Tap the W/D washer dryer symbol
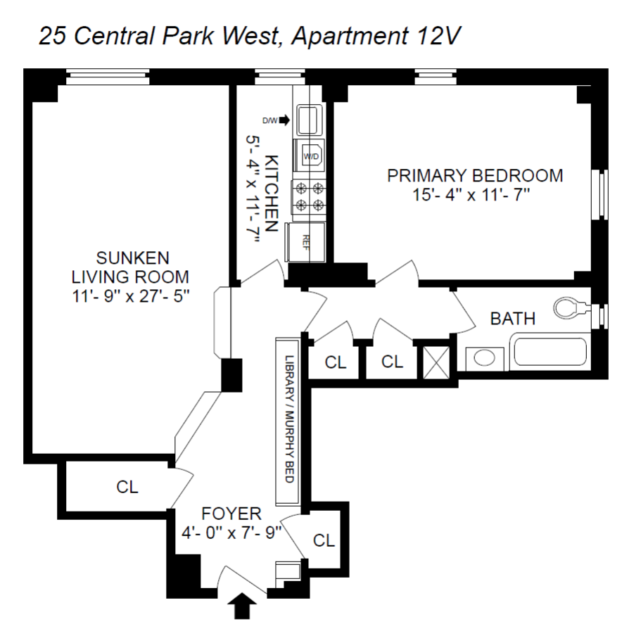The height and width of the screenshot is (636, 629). click(x=310, y=156)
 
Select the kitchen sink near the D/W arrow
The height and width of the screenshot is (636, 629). click(x=309, y=120)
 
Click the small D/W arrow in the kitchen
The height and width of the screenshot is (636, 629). click(x=284, y=120)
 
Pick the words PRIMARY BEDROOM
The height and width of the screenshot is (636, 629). click(x=476, y=175)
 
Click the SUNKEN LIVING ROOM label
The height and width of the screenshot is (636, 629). click(x=133, y=265)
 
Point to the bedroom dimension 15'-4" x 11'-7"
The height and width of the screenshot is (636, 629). click(x=476, y=194)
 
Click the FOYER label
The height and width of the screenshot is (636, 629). click(x=231, y=513)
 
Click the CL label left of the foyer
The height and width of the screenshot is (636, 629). click(x=127, y=486)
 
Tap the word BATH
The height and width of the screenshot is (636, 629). click(x=512, y=319)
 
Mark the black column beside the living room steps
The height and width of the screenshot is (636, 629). click(x=231, y=375)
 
